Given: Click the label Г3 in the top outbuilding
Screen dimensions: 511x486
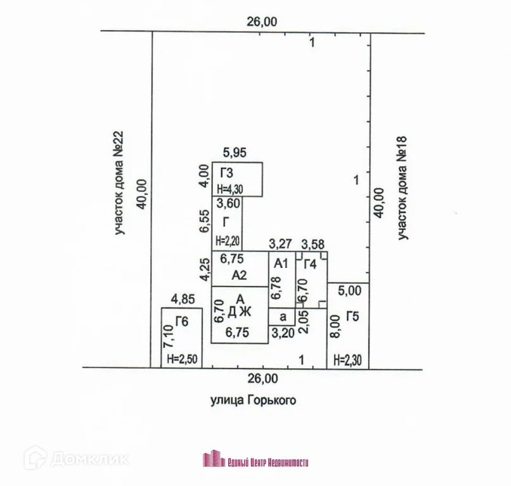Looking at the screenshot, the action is click(227, 173).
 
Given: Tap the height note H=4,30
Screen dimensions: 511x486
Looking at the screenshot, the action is click(229, 188).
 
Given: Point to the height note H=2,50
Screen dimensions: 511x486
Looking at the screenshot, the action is click(182, 359).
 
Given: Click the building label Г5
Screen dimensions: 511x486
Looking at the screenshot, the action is click(353, 315).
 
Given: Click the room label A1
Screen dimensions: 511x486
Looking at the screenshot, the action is click(280, 262).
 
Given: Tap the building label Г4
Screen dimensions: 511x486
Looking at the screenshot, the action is click(310, 264).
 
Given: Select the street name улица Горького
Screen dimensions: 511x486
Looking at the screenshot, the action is click(253, 400).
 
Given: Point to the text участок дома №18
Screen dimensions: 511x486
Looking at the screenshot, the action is click(402, 188).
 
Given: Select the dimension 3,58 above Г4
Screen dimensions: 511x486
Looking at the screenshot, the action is click(313, 243).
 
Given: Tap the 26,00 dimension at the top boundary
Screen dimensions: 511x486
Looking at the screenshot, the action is click(261, 21).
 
